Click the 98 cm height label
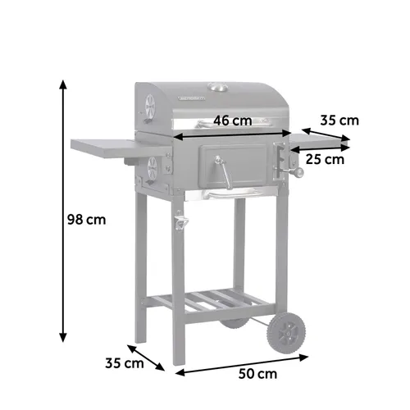pyautogui.click(x=86, y=220)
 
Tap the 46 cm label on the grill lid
pyautogui.click(x=232, y=121)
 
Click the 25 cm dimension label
pyautogui.click(x=324, y=159)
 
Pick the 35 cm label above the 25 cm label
pyautogui.click(x=339, y=121)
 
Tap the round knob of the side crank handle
pyautogui.click(x=300, y=175)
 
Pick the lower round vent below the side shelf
pyautogui.click(x=151, y=170)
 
